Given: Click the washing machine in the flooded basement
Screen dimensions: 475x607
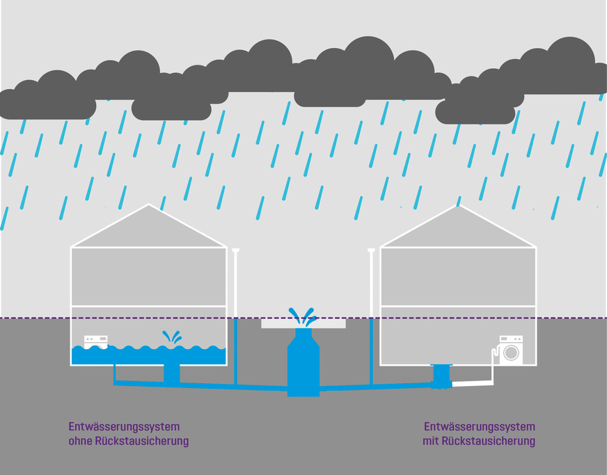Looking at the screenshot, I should pos(95,341).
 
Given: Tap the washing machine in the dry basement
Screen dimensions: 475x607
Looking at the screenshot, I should pos(510,350).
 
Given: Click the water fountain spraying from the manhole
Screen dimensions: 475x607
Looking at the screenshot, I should pos(303,317).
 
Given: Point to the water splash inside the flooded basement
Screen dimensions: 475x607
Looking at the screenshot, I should pos(172,337).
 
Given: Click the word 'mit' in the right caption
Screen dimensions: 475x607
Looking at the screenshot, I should pos(431,441).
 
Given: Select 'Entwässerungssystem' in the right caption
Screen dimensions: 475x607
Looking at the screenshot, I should pos(479,426).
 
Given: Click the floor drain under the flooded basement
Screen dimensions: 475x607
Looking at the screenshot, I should pos(171,374).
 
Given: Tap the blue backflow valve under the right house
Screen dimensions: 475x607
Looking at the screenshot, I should pos(441,376).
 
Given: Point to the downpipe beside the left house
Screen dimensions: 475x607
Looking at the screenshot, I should pos(236,292).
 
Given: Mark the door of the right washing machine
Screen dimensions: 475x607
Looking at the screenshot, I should pos(511,353).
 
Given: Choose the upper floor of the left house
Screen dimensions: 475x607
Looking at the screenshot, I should pos(148,276).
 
